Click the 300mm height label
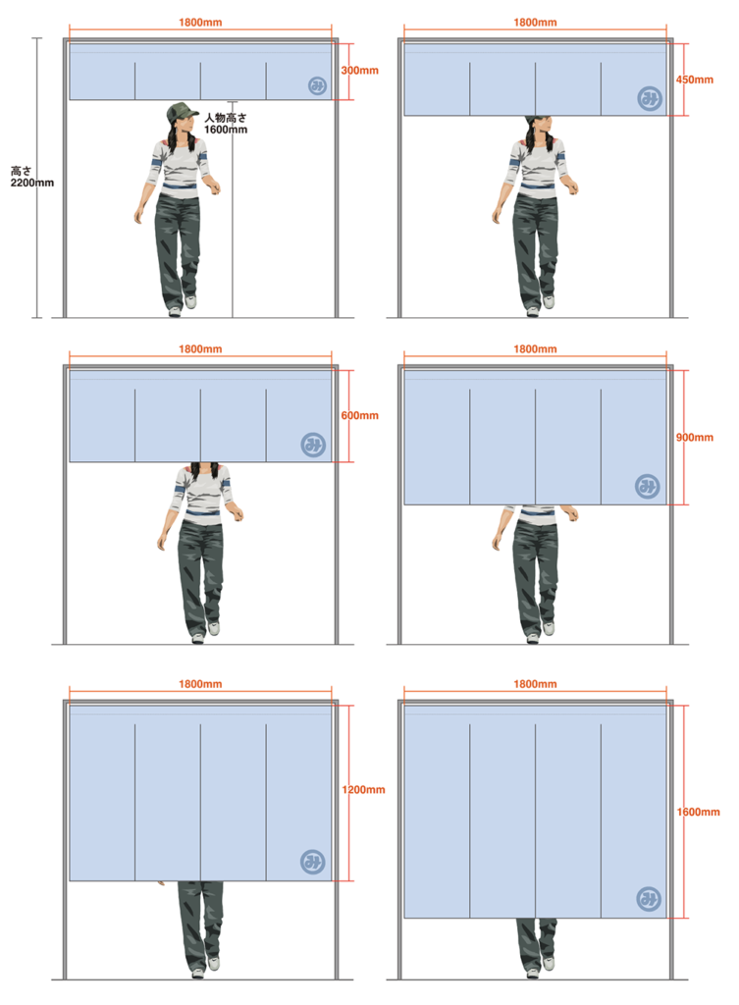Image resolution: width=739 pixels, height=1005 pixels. tap(359, 71)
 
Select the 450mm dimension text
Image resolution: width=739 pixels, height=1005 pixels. tap(694, 79)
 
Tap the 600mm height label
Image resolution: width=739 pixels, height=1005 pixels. tap(359, 415)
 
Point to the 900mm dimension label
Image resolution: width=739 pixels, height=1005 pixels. tap(694, 437)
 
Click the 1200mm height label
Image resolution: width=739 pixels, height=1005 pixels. tap(363, 790)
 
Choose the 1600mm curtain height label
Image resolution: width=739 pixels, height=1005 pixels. tap(698, 812)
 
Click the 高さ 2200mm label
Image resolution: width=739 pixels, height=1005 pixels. tap(32, 177)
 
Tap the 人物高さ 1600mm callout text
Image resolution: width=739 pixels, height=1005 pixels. tap(226, 124)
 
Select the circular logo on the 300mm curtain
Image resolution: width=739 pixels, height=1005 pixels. tap(317, 86)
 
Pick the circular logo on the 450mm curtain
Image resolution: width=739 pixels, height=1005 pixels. tap(650, 98)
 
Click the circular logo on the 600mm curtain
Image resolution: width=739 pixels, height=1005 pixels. tap(313, 445)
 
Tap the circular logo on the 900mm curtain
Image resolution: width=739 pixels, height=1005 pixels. tap(648, 487)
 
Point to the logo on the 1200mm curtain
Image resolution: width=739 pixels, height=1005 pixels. tap(313, 862)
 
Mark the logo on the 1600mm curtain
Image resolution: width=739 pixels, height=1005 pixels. tap(649, 899)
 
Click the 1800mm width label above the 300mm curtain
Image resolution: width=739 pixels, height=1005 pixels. tap(200, 23)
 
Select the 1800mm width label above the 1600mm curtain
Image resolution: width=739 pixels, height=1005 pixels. tap(535, 684)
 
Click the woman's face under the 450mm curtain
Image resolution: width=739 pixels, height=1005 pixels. tap(541, 126)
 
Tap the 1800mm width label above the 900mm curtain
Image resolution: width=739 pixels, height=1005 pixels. tap(535, 349)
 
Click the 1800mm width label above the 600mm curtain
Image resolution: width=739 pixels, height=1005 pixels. tap(200, 349)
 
